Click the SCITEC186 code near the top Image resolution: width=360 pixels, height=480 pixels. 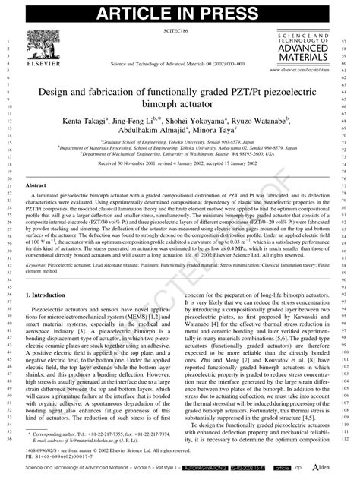point(175,35)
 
